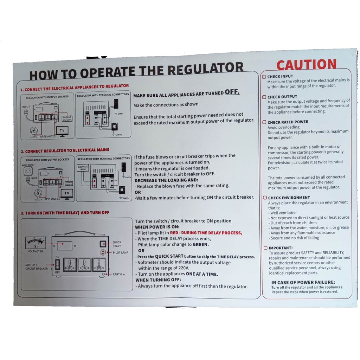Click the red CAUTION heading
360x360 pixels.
(x=306, y=65)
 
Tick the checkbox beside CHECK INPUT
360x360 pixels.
(x=264, y=76)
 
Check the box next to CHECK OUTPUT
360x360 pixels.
(x=264, y=97)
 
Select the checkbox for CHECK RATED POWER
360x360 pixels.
(x=264, y=122)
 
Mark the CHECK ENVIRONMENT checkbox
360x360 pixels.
(x=264, y=198)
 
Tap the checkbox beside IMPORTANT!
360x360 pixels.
(x=265, y=248)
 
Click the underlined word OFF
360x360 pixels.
(x=232, y=92)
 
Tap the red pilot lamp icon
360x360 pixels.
(x=103, y=252)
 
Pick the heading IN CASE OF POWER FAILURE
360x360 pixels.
(x=303, y=282)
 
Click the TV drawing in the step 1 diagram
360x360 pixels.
(x=63, y=130)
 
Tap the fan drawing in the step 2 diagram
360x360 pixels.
(x=38, y=194)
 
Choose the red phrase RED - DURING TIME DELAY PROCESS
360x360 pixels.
(x=206, y=233)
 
